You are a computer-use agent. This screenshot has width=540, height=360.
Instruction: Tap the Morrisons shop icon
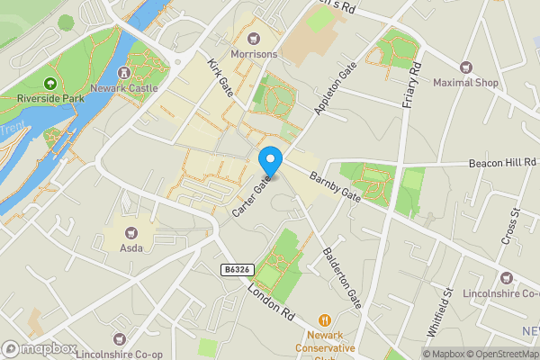tap(254, 38)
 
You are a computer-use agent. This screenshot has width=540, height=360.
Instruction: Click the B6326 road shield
tap(235, 269)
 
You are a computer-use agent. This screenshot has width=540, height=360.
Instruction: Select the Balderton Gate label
tap(342, 278)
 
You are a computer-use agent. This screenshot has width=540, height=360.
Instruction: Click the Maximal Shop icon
tap(466, 67)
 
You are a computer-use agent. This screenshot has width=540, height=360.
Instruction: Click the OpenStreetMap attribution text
tap(499, 354)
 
